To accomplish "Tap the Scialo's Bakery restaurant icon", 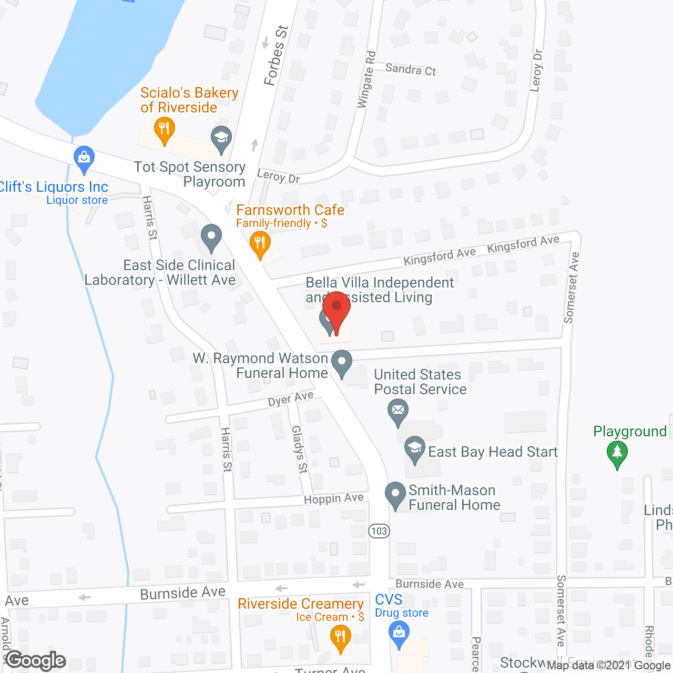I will click(x=165, y=129).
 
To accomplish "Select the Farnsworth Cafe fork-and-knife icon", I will click(x=260, y=243).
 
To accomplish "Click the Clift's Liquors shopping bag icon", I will click(x=84, y=158).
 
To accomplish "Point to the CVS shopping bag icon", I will click(x=399, y=633).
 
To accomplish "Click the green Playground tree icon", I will click(x=617, y=453).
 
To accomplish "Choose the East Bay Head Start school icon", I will click(x=415, y=448).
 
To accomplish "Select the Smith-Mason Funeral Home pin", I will click(x=395, y=494).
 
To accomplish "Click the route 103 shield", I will click(x=379, y=531).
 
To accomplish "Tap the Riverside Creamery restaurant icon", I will click(x=341, y=638).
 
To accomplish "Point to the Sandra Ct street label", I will click(x=411, y=69).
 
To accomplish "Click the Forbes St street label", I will click(x=276, y=56).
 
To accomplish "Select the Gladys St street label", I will click(x=299, y=449).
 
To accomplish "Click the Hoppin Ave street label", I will click(x=334, y=498).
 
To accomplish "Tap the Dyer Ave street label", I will click(x=291, y=399).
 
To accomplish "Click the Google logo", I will click(x=36, y=660).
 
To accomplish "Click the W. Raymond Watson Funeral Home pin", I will click(x=342, y=363).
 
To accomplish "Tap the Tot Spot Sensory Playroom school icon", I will click(x=221, y=138).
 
